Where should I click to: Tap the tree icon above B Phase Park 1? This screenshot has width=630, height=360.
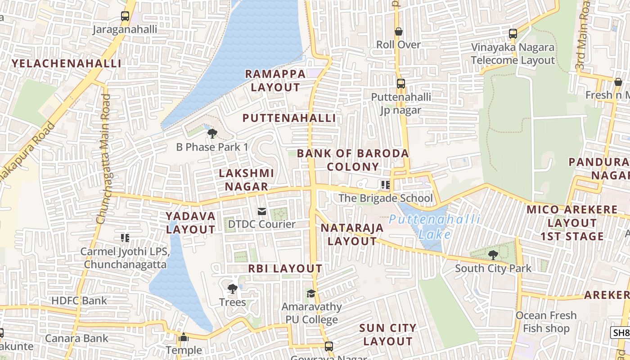coord(212,133)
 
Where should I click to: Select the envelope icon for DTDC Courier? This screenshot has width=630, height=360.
coord(261,211)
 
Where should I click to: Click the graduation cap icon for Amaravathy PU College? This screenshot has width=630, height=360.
coord(311,293)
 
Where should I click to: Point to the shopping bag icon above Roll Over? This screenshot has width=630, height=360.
coord(398,31)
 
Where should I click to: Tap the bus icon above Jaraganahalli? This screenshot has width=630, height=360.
coord(125,16)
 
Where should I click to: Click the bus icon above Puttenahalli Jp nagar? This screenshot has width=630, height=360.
coord(400,84)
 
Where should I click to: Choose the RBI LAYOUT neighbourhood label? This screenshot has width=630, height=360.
coord(285,269)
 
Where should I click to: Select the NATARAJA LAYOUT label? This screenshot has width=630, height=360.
coord(352,234)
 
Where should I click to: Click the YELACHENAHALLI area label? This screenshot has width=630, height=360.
coord(67,63)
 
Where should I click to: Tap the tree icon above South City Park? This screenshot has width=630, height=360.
coord(493,255)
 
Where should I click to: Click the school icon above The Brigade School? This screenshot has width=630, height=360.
coord(385,184)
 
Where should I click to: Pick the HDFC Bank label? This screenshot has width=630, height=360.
coord(79,301)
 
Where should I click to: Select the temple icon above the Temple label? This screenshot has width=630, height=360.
coord(184,337)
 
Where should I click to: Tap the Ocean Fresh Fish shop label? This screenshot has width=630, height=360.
coord(546,322)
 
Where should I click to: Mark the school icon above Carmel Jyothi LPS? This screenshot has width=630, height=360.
coord(125,238)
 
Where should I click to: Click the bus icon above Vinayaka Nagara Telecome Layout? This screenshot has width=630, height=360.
coord(513,33)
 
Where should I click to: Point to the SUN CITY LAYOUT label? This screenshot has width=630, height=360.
coord(387,334)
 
